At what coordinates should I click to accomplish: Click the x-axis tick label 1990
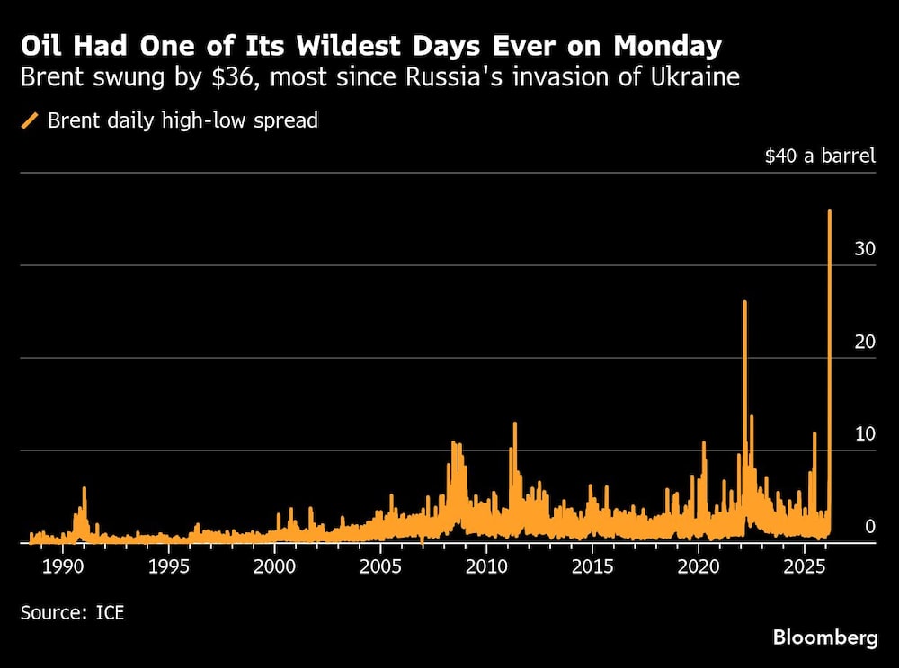(62, 568)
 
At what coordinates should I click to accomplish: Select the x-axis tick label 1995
(168, 568)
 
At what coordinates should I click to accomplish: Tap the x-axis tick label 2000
(274, 568)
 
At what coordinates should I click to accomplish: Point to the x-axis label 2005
(380, 568)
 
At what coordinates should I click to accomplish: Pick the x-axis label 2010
(486, 568)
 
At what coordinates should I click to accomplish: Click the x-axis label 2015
(592, 568)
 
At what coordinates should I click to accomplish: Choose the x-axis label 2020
(699, 568)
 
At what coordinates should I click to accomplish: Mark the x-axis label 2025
(805, 568)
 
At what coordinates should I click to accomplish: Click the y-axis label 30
(865, 249)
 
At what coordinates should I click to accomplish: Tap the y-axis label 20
(865, 342)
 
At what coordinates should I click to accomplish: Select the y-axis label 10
(865, 434)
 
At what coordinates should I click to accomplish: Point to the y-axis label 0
(870, 527)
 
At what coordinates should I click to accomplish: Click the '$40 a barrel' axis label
(819, 156)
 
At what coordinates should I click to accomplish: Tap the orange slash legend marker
(30, 120)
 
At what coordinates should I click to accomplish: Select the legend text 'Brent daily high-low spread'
(182, 120)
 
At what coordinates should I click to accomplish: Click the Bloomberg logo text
(825, 638)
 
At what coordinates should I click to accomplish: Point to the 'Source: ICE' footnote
(72, 613)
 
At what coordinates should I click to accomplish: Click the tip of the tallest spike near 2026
(829, 211)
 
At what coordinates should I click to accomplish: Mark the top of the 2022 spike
(744, 302)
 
